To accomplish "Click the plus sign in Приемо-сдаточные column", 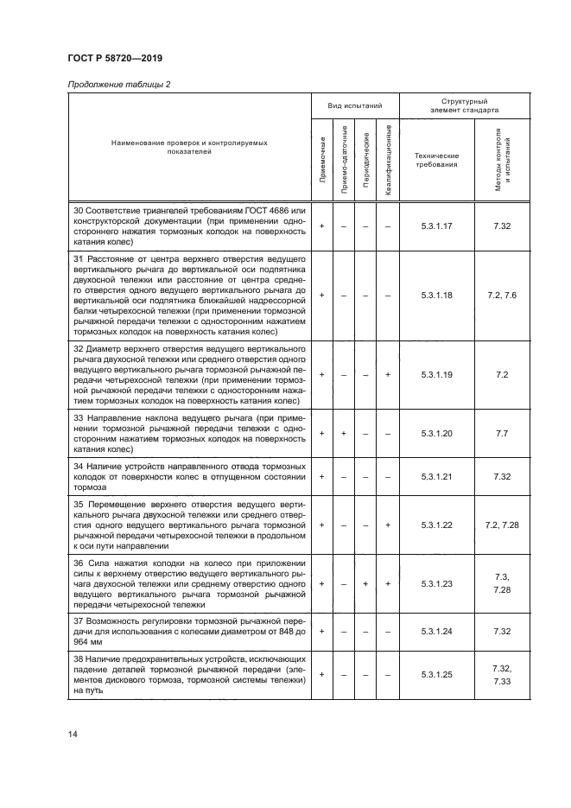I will coord(345,433).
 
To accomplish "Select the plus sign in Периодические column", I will coord(367,583).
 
